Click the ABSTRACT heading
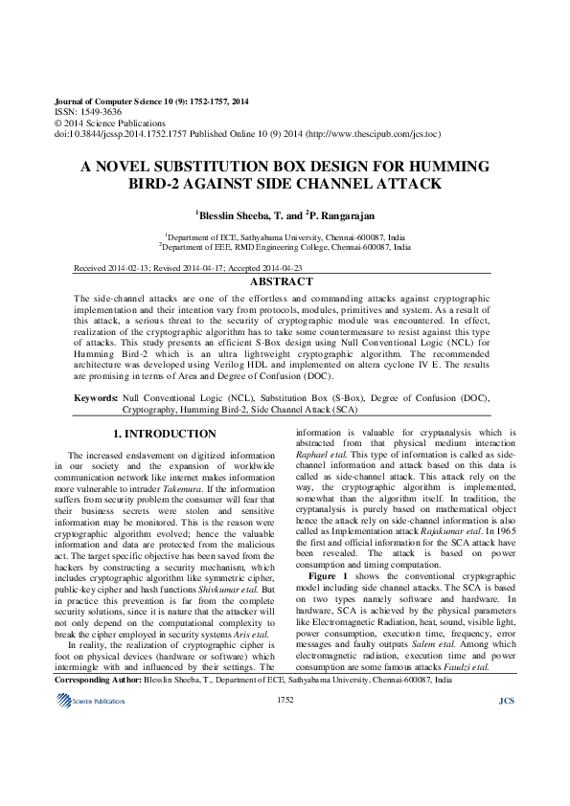(281, 282)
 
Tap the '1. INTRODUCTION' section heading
(165, 435)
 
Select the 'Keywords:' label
(96, 396)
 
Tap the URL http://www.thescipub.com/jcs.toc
(365, 134)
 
